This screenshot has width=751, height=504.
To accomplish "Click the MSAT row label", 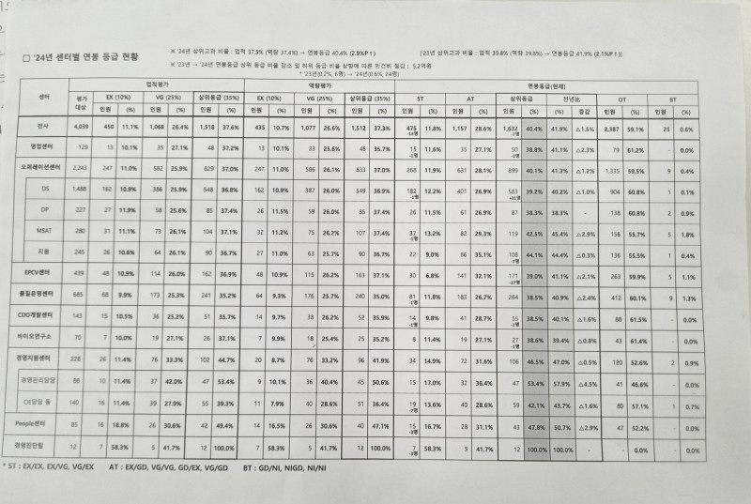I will [x=45, y=231].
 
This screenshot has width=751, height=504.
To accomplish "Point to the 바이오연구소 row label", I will [x=45, y=335].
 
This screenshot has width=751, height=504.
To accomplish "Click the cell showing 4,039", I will [x=81, y=128].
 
